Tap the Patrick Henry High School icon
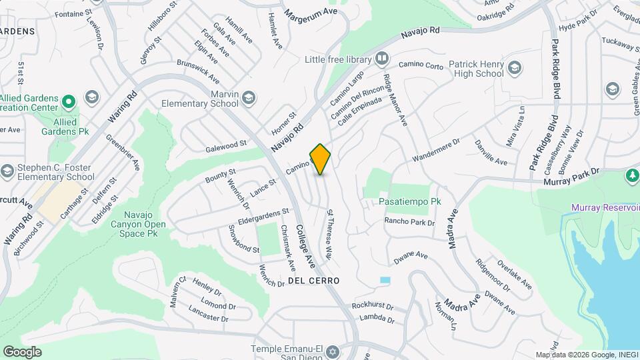(x=515, y=67)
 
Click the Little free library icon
(x=382, y=59)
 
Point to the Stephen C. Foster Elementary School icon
(x=7, y=171)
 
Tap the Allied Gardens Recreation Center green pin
(x=68, y=103)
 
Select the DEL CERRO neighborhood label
(x=314, y=281)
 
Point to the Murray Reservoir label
(x=605, y=207)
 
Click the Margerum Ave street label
(x=308, y=13)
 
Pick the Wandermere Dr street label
(x=436, y=151)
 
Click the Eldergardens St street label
(x=263, y=217)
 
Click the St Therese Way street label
(x=329, y=235)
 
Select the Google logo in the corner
(x=22, y=351)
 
